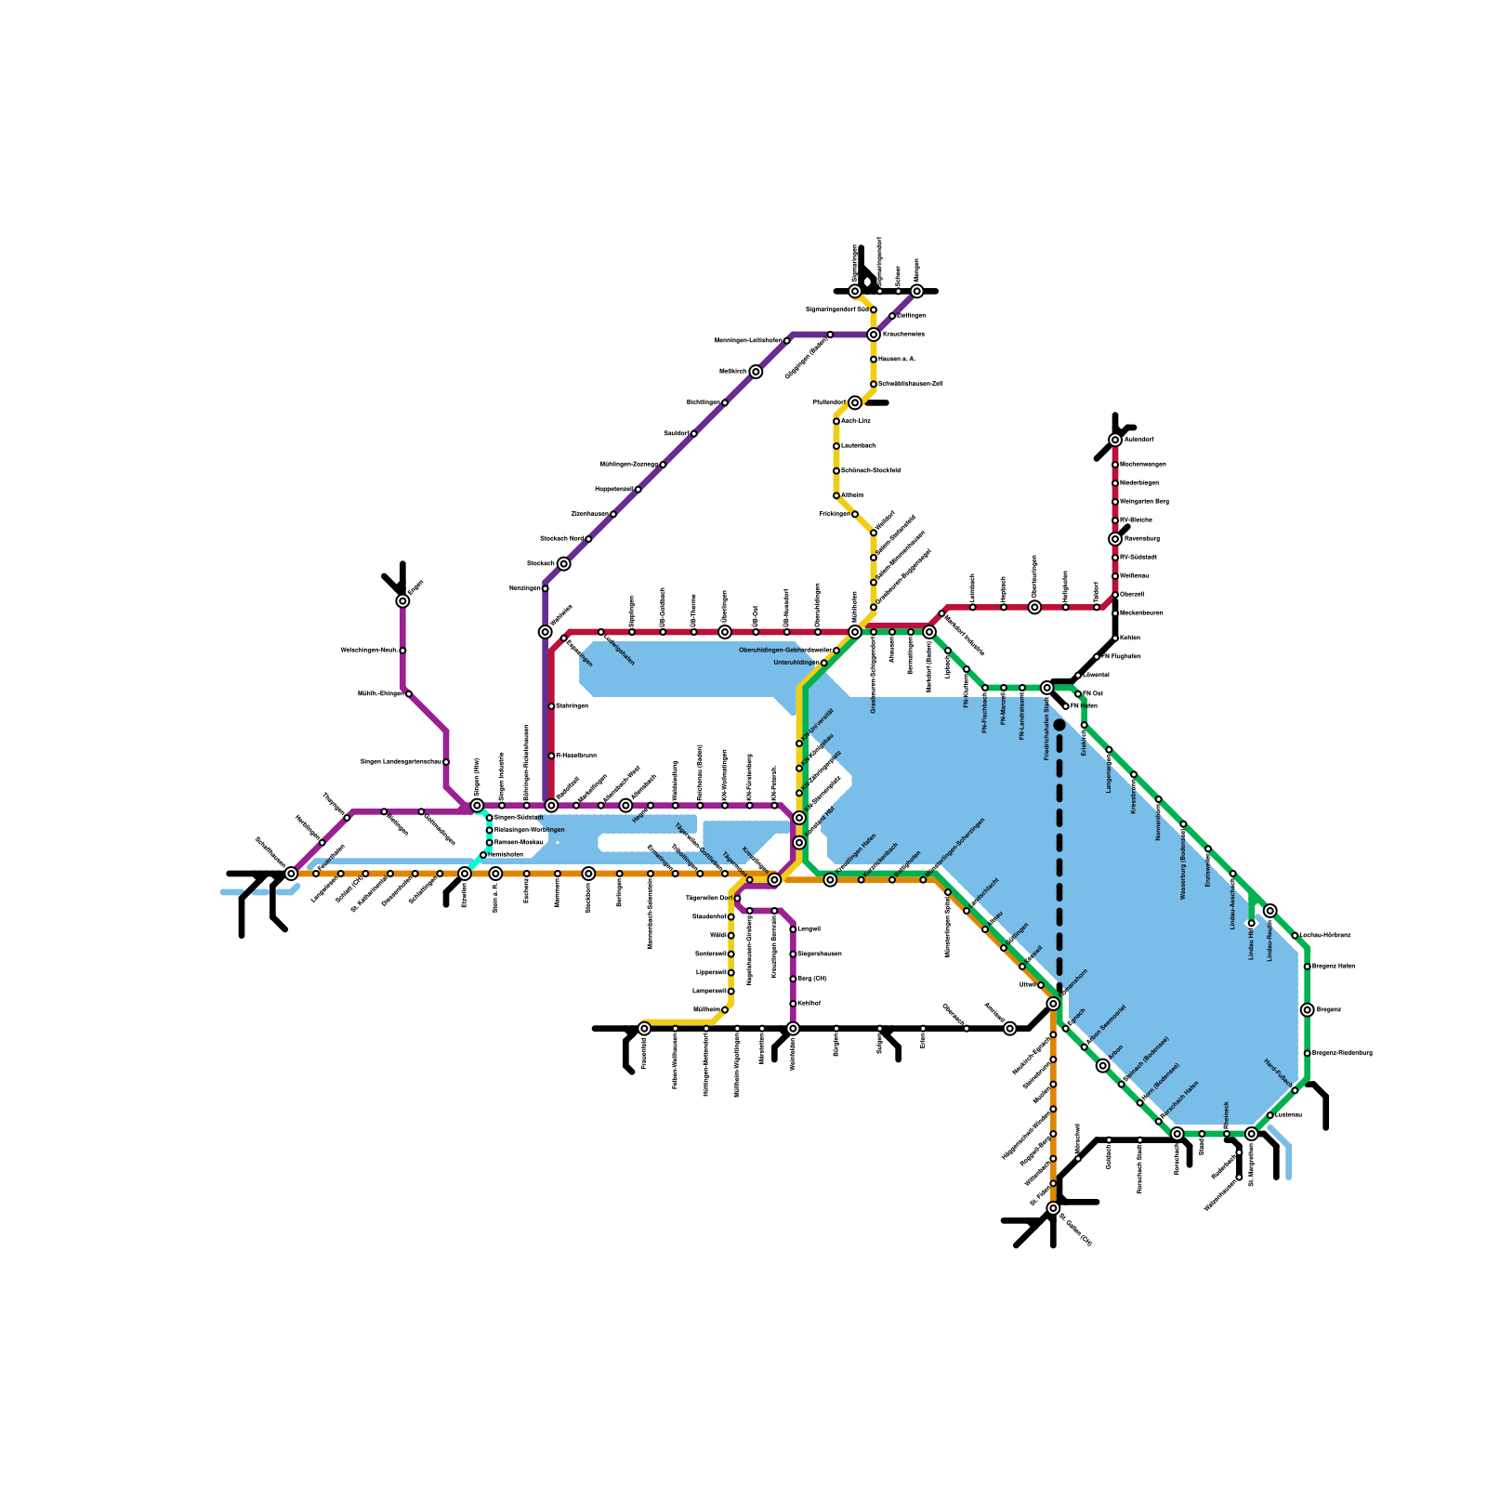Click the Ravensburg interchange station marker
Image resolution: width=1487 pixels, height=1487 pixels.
click(x=1115, y=539)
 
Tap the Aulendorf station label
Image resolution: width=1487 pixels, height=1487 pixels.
click(x=1138, y=440)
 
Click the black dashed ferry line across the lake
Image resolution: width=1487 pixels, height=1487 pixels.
click(x=1059, y=855)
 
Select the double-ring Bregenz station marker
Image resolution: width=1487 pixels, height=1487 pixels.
click(x=1307, y=1010)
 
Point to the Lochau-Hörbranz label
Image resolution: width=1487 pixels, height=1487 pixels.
click(x=1325, y=935)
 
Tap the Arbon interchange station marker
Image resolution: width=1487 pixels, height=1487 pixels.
click(x=1103, y=1066)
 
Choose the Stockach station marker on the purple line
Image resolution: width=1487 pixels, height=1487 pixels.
click(x=564, y=564)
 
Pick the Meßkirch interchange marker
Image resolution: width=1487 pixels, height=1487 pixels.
click(x=757, y=372)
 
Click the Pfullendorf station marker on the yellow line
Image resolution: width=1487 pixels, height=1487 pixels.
click(x=855, y=402)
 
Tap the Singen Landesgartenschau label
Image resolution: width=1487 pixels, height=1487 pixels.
click(x=401, y=762)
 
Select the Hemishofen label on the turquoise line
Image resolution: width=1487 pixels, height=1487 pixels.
click(x=506, y=854)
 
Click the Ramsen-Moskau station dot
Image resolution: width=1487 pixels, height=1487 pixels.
click(x=490, y=842)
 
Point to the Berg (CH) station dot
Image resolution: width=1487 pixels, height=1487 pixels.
click(x=793, y=979)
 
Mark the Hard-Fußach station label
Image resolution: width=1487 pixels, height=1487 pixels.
click(x=1278, y=1074)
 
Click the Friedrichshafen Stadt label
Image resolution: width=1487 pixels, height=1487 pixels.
click(x=1046, y=729)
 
